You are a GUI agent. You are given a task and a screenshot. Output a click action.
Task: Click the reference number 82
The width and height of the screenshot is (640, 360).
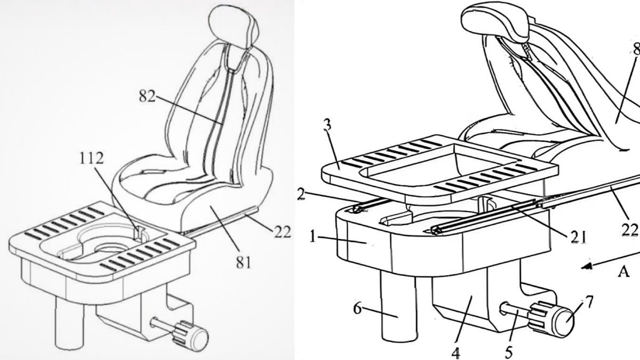point(147,97)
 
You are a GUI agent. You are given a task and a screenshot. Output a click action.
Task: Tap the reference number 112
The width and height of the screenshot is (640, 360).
point(91,158)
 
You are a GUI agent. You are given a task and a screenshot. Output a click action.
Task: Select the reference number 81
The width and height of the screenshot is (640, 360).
point(243,262)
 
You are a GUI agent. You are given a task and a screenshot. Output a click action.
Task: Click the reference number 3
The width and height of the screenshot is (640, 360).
point(327,125)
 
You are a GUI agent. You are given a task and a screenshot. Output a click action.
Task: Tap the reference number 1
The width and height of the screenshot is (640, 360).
point(314,237)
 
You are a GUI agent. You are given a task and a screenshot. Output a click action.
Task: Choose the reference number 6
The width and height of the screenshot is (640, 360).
point(358,308)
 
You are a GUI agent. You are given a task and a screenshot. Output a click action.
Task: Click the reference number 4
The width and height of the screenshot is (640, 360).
point(456,353)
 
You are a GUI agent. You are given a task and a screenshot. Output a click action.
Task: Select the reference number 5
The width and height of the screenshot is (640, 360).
point(509,353)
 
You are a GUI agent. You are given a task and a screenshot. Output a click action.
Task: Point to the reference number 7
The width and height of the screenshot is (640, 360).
point(589,302)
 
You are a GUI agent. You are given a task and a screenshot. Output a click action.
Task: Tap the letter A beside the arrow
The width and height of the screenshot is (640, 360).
point(623,271)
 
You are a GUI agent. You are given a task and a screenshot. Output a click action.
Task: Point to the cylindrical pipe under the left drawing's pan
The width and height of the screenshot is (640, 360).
point(70,322)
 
